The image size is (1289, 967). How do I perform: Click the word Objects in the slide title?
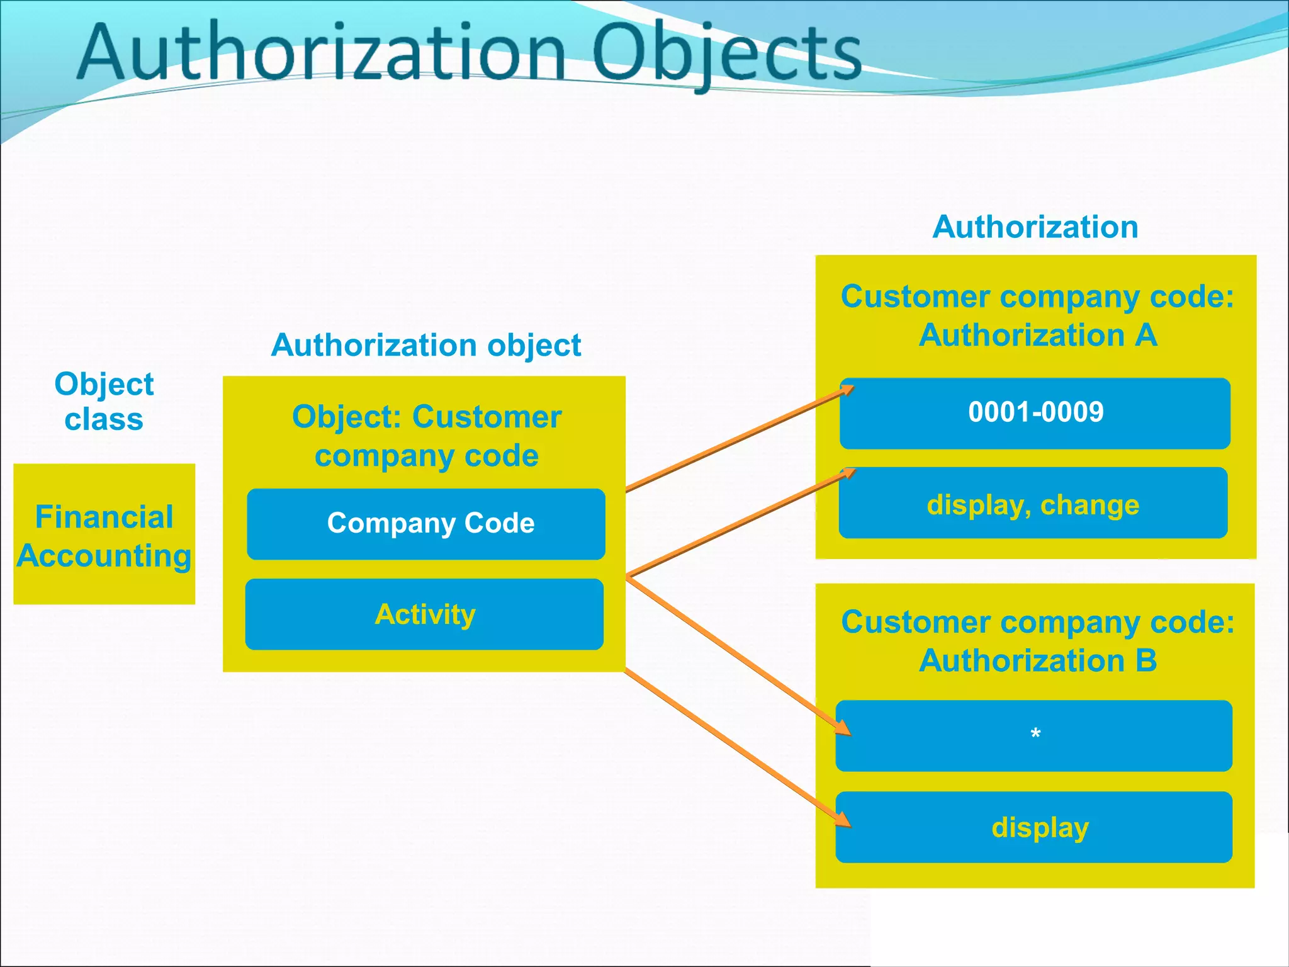726,53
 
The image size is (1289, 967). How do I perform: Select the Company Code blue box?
426,524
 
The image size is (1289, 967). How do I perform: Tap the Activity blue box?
425,614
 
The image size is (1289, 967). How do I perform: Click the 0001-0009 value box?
1035,413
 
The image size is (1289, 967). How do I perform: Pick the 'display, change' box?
1033,504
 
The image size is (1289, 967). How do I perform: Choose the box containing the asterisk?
1034,735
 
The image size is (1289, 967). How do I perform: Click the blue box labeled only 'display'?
1034,827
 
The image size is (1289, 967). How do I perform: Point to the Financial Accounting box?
104,534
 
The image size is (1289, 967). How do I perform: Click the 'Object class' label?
104,401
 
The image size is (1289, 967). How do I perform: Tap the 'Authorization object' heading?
426,345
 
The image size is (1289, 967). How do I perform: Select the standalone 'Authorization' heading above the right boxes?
1035,227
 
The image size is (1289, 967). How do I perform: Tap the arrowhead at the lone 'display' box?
843,820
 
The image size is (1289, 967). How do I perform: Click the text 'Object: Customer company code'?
426,436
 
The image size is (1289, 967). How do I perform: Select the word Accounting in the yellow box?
104,556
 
